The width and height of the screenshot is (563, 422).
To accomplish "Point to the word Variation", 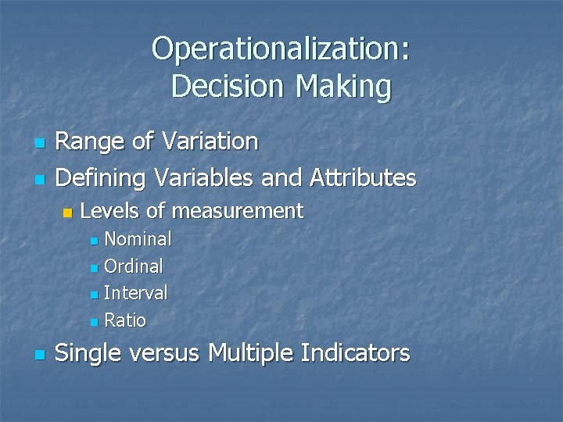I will click(x=210, y=142).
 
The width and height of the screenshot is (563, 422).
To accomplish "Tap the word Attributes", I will click(x=362, y=178).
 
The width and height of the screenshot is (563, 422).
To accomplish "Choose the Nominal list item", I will click(x=138, y=238).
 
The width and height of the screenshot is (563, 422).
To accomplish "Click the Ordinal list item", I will click(x=134, y=266).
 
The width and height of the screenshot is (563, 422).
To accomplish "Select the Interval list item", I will click(x=135, y=293).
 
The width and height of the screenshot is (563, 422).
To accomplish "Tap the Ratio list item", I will click(x=125, y=320).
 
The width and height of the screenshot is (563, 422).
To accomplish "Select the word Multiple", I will click(x=253, y=354).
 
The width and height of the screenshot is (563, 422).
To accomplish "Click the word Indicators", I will click(x=357, y=354).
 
